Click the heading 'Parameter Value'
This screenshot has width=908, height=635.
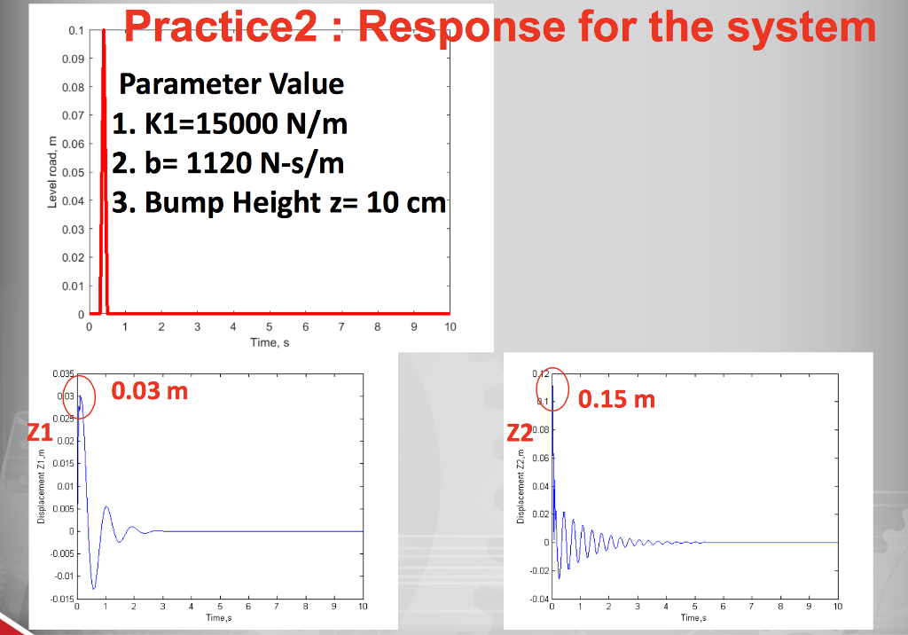[231, 84]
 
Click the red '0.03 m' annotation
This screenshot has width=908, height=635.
[150, 390]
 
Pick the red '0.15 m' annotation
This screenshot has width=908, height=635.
[616, 399]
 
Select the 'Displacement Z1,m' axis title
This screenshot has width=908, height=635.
[42, 483]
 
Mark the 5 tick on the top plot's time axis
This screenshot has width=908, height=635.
[270, 327]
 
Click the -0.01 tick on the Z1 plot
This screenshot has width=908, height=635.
[63, 576]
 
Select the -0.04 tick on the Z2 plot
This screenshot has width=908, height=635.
[539, 600]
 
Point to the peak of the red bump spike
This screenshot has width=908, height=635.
[104, 31]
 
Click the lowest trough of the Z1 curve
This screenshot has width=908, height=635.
[94, 588]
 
